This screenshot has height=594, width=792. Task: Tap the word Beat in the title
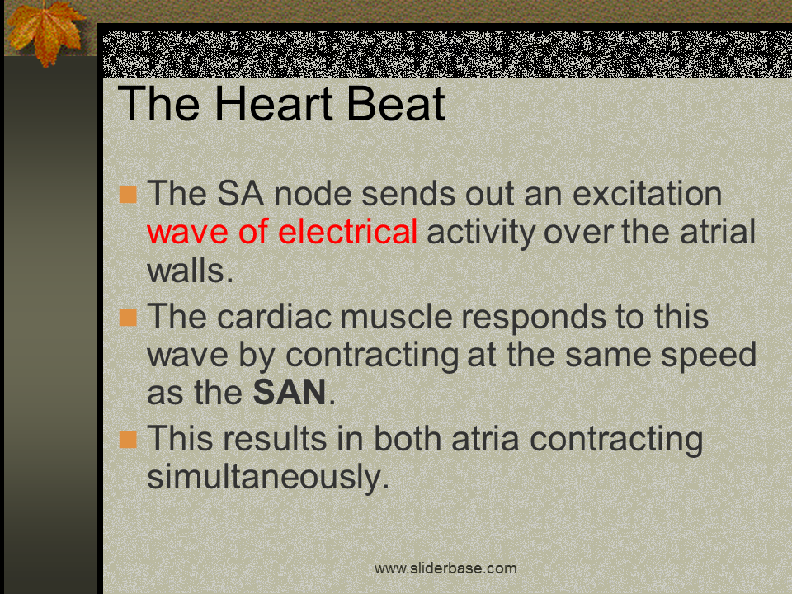pos(396,104)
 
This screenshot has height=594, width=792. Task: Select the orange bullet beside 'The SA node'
pos(129,195)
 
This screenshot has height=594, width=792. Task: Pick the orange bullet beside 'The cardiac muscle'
pos(129,317)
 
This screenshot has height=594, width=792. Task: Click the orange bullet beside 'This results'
pos(129,440)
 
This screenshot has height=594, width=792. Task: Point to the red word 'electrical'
pos(347,232)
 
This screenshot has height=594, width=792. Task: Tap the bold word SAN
pos(290,393)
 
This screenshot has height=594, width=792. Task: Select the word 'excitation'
pos(647,193)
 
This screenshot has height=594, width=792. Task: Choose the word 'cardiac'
pos(275,316)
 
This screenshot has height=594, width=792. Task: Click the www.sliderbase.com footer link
pos(445,568)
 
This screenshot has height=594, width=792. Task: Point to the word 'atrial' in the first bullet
pos(718,232)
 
